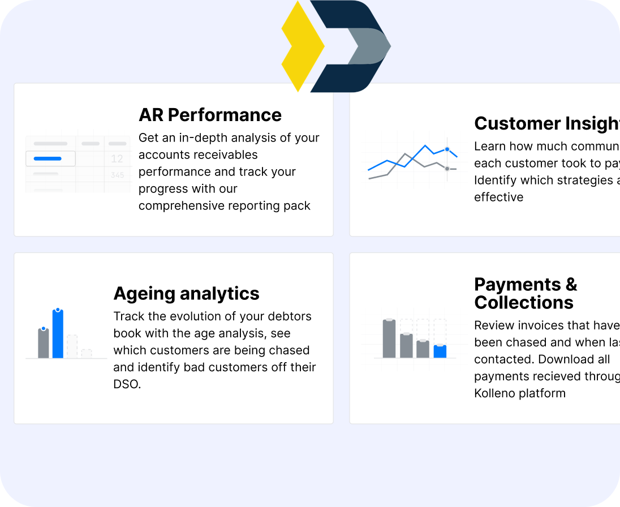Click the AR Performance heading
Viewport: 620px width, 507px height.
pos(210,115)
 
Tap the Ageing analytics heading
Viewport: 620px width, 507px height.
pos(186,294)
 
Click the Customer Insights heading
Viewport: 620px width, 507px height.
pos(546,123)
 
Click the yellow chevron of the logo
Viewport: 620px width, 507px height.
pos(302,46)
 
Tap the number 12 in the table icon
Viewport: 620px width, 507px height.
pos(117,159)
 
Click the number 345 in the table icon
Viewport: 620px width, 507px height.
pos(117,175)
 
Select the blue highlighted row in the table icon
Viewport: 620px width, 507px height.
pos(50,159)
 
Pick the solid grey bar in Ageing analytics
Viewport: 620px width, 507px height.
pos(44,343)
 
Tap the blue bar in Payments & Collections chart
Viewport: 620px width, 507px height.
pos(440,351)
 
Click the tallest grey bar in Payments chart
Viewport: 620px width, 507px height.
pos(389,338)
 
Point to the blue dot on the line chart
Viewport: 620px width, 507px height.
pos(447,149)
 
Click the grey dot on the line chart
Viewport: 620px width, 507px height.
pos(447,169)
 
